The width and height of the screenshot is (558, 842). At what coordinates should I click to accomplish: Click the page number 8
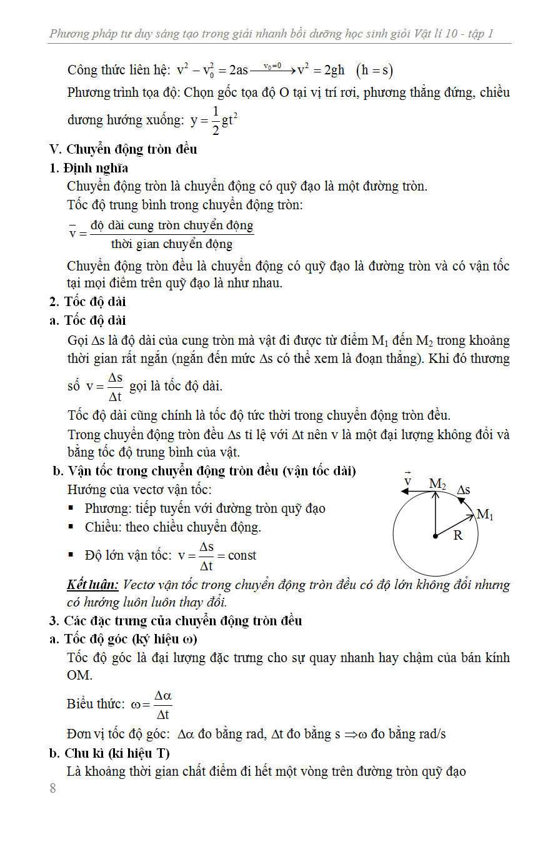click(52, 788)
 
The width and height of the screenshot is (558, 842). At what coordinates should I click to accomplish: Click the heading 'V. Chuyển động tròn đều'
click(123, 149)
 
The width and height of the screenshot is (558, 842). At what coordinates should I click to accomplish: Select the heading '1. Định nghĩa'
click(89, 167)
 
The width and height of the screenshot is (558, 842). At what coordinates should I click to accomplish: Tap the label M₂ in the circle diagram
click(437, 483)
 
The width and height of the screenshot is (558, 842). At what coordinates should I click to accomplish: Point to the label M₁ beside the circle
click(485, 515)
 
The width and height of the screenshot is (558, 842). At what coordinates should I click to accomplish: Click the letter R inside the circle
click(458, 535)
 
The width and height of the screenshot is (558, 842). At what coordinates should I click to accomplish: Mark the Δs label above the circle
click(464, 490)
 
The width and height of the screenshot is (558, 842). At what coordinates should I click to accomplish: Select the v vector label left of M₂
click(407, 481)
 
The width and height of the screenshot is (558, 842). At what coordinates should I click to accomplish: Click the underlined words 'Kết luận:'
click(92, 585)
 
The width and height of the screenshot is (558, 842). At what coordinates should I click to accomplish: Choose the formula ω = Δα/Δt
click(151, 705)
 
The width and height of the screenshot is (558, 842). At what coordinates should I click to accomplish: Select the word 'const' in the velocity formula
click(242, 555)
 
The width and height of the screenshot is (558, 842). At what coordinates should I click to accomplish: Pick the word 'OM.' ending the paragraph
click(79, 675)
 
